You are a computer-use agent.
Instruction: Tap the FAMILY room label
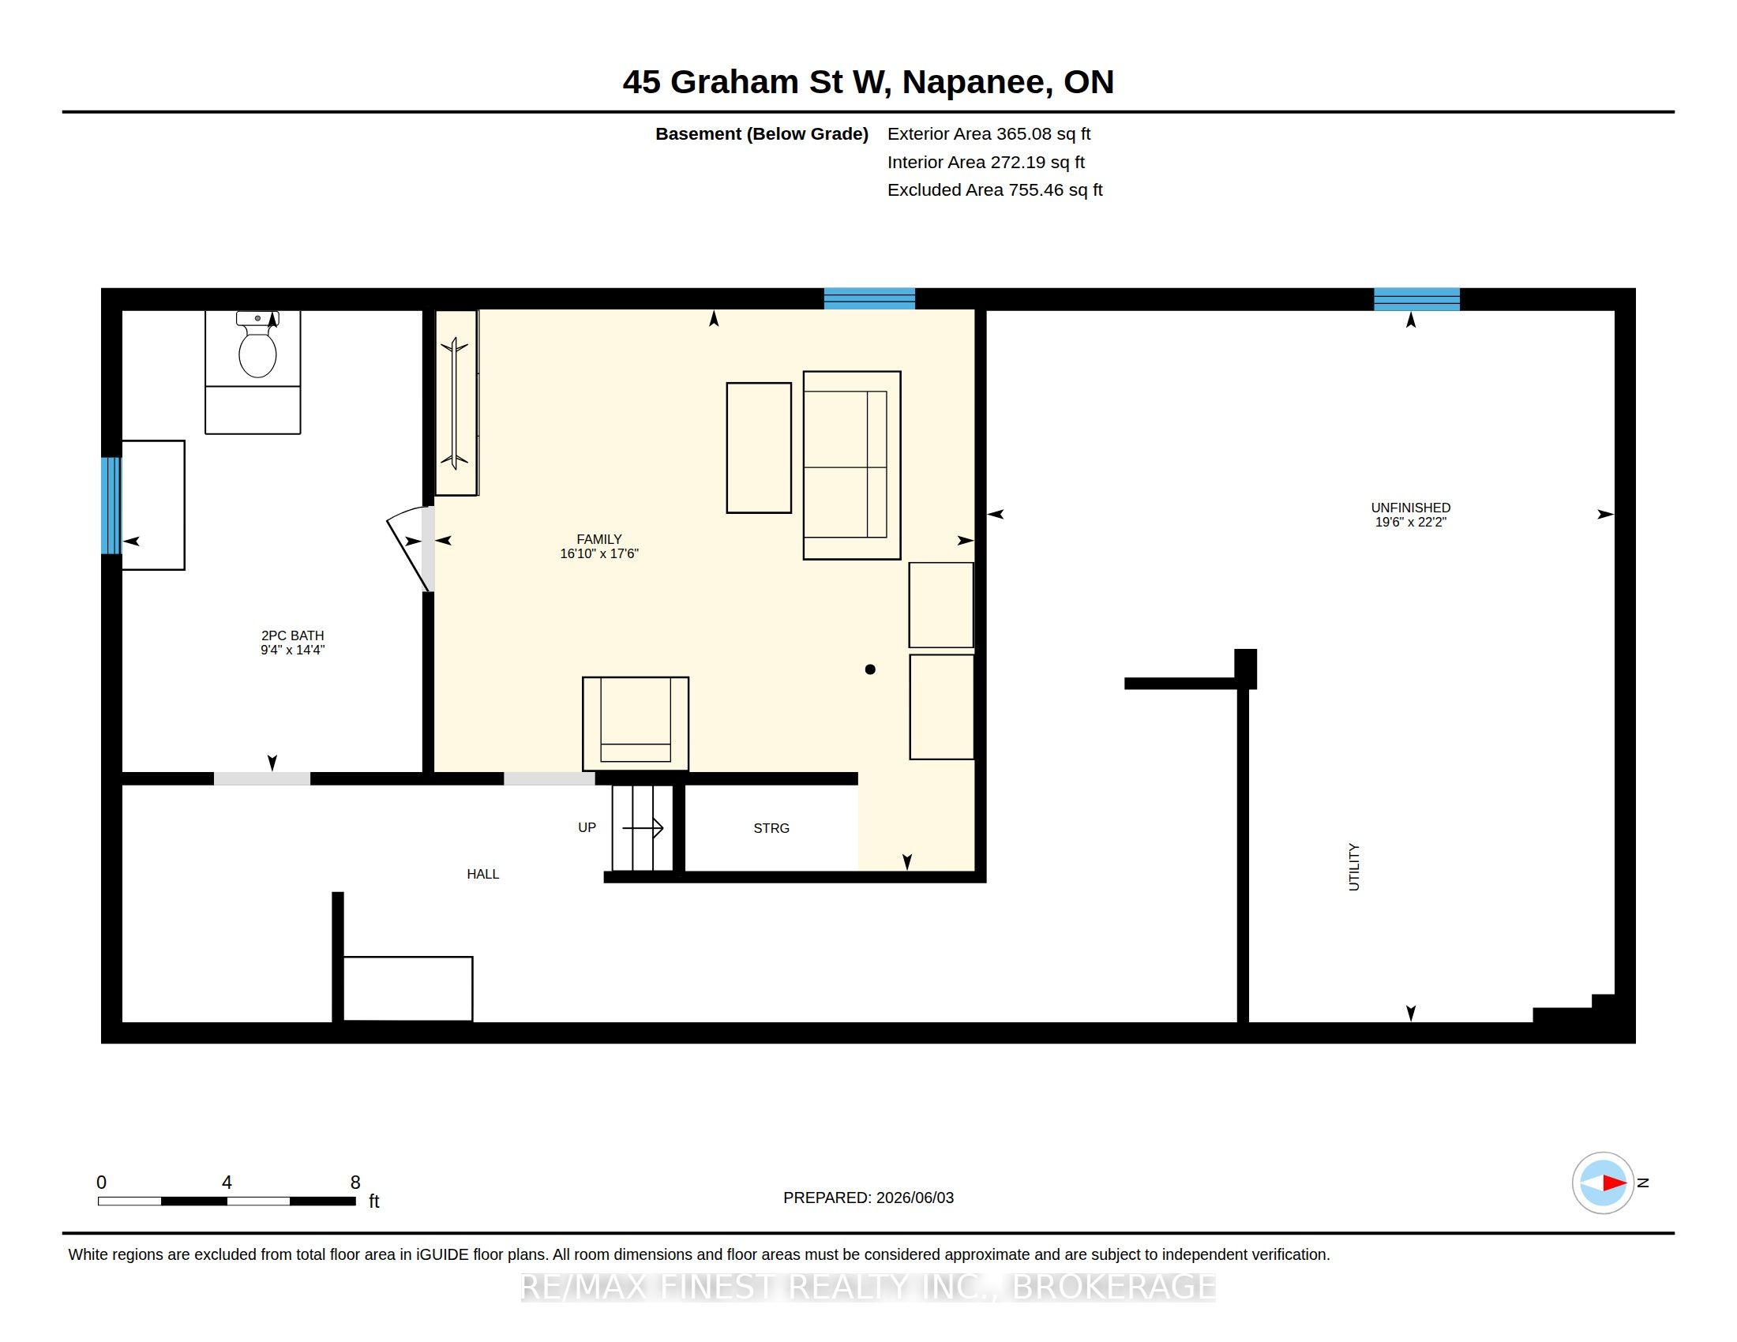[599, 539]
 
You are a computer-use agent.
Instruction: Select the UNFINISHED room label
[1410, 508]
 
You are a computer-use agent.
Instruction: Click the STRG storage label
[771, 828]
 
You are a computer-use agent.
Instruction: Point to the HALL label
[482, 874]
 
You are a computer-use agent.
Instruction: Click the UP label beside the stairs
[587, 827]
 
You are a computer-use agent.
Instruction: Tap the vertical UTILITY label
[1354, 867]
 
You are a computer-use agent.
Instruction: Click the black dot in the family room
[870, 669]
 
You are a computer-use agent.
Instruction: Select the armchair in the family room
[636, 723]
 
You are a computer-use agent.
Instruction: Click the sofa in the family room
[852, 465]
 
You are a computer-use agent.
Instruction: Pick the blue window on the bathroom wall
[111, 505]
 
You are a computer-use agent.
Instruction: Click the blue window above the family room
[869, 298]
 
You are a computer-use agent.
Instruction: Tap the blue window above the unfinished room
[1416, 299]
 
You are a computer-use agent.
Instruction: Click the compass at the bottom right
[1603, 1183]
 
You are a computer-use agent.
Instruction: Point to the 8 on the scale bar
[355, 1183]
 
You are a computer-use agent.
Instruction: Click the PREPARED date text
[868, 1198]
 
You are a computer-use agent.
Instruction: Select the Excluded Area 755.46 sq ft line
[995, 190]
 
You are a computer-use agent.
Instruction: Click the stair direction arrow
[643, 827]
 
